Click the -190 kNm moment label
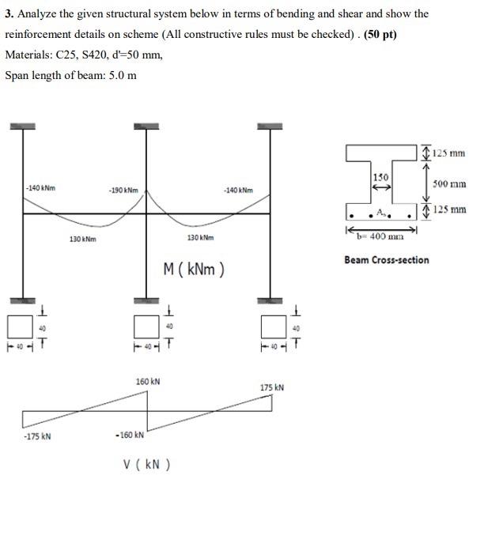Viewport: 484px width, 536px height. (x=124, y=191)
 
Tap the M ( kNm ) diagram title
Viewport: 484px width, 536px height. (x=193, y=270)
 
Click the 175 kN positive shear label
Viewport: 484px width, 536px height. (x=271, y=387)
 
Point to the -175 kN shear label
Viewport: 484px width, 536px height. (x=37, y=436)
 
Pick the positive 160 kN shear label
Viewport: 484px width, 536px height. (x=148, y=381)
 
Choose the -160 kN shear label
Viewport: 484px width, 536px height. (x=130, y=435)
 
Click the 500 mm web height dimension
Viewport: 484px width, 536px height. (x=449, y=183)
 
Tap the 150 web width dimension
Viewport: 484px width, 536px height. (x=381, y=178)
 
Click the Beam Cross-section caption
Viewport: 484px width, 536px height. (x=387, y=259)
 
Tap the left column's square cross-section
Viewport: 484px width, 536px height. (x=18, y=325)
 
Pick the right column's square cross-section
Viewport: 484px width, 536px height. (x=270, y=325)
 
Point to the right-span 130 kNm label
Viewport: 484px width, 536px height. (x=199, y=237)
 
